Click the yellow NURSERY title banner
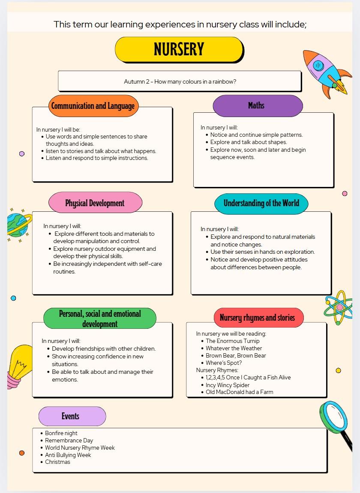[x=179, y=49]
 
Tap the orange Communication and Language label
[x=93, y=106]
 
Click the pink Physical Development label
[x=95, y=203]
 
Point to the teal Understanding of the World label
[x=261, y=203]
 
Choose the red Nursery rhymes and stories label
[x=258, y=318]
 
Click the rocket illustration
[x=324, y=72]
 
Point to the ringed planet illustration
[x=18, y=225]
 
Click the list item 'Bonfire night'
[x=61, y=433]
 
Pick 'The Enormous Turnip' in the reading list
[x=233, y=341]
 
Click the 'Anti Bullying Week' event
[x=68, y=455]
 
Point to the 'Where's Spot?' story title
[x=224, y=363]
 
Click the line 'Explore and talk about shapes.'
[x=249, y=142]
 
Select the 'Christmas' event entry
[x=58, y=462]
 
